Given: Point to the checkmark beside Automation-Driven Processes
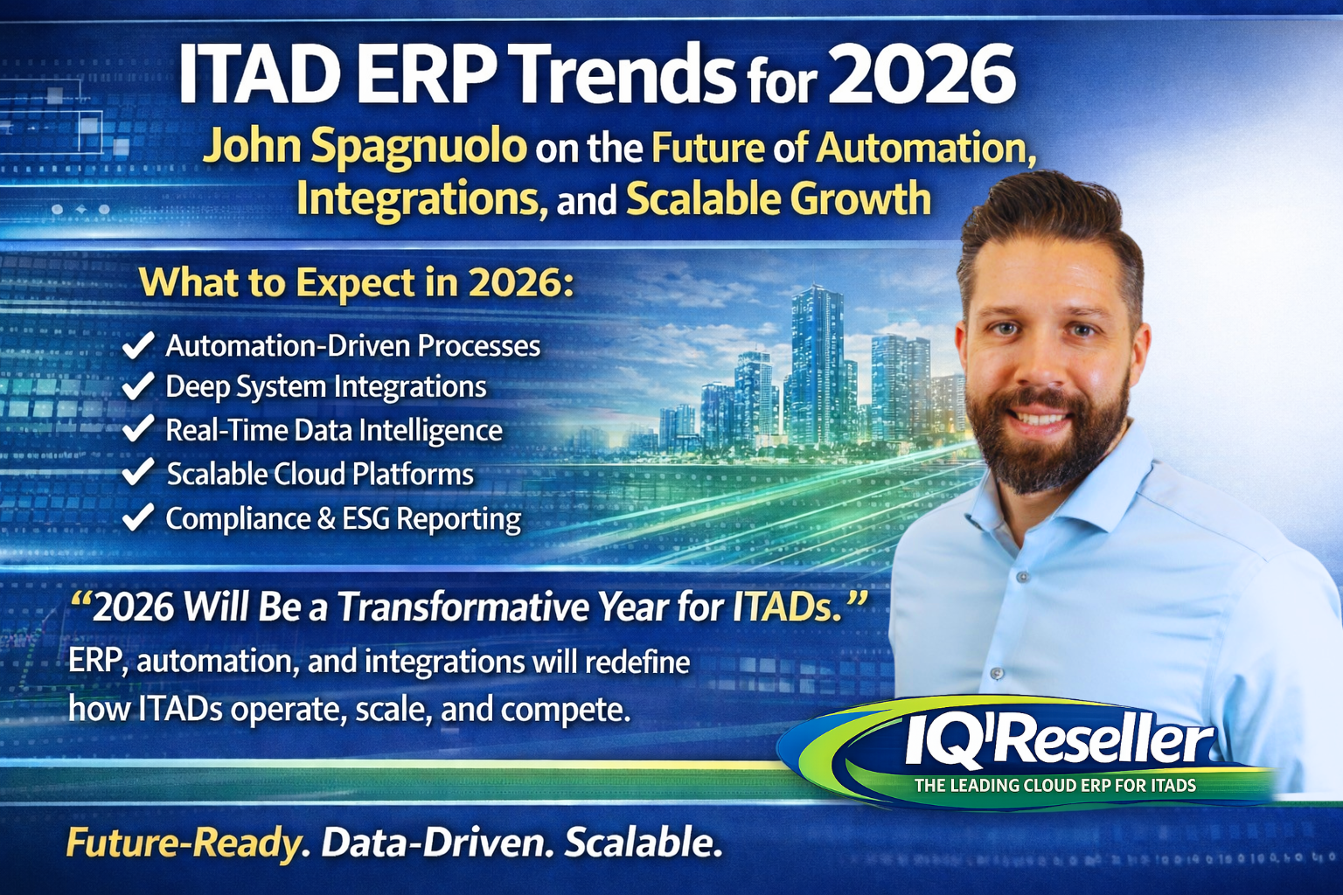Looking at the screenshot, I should point(138,345).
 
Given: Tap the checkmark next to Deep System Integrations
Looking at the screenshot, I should point(138,386).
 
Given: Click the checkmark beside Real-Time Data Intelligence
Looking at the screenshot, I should point(138,429).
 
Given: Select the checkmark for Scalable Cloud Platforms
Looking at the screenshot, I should point(138,473).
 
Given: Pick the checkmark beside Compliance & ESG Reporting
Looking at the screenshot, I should point(138,517).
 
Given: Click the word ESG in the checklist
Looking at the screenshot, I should point(365,518).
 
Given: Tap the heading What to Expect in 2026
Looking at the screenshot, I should point(357,282).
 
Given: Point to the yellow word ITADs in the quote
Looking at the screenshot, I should point(781,607).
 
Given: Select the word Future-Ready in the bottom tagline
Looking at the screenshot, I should point(184,843).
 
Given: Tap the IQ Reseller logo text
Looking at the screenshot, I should point(1058,743).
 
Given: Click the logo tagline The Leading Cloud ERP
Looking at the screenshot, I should point(1054,785).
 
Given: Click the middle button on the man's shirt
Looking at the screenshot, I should point(1019,577).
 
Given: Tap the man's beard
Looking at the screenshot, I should point(1045,454).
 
